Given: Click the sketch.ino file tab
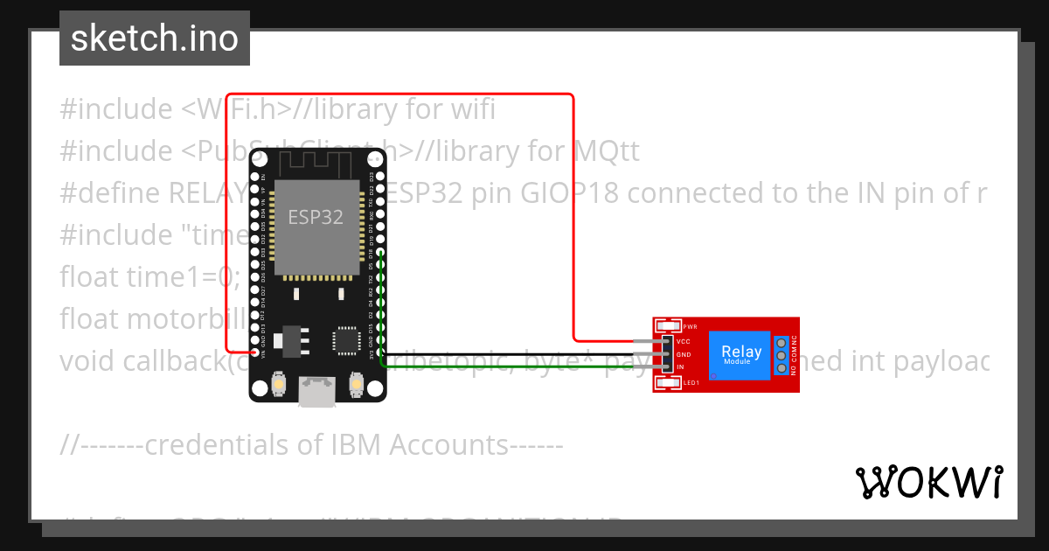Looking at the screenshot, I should click(154, 38).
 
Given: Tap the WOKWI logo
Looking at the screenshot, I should click(928, 482).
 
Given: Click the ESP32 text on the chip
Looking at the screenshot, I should click(316, 217).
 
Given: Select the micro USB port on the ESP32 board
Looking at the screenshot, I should click(316, 391).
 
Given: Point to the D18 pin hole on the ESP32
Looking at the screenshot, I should click(380, 252).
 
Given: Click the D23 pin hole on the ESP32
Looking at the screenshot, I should click(380, 176).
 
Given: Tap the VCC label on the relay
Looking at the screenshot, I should click(684, 342).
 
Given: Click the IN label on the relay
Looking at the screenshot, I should click(680, 367).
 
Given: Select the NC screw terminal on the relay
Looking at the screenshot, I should click(780, 341).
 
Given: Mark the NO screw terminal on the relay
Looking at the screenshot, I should click(780, 367).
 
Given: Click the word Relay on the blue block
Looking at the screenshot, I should click(740, 351).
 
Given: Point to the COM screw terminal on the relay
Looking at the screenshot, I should click(780, 354).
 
